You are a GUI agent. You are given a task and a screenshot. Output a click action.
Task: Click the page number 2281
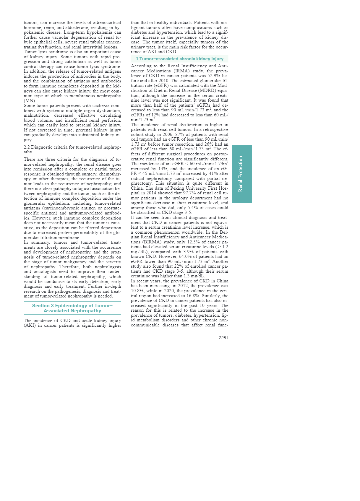pyautogui.click(x=223, y=338)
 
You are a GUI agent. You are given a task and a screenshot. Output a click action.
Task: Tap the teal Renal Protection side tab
pyautogui.click(x=242, y=174)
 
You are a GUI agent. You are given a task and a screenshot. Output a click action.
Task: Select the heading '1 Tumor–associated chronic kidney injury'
pyautogui.click(x=179, y=59)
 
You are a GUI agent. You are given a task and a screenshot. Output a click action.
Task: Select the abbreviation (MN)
pyautogui.click(x=30, y=101)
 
